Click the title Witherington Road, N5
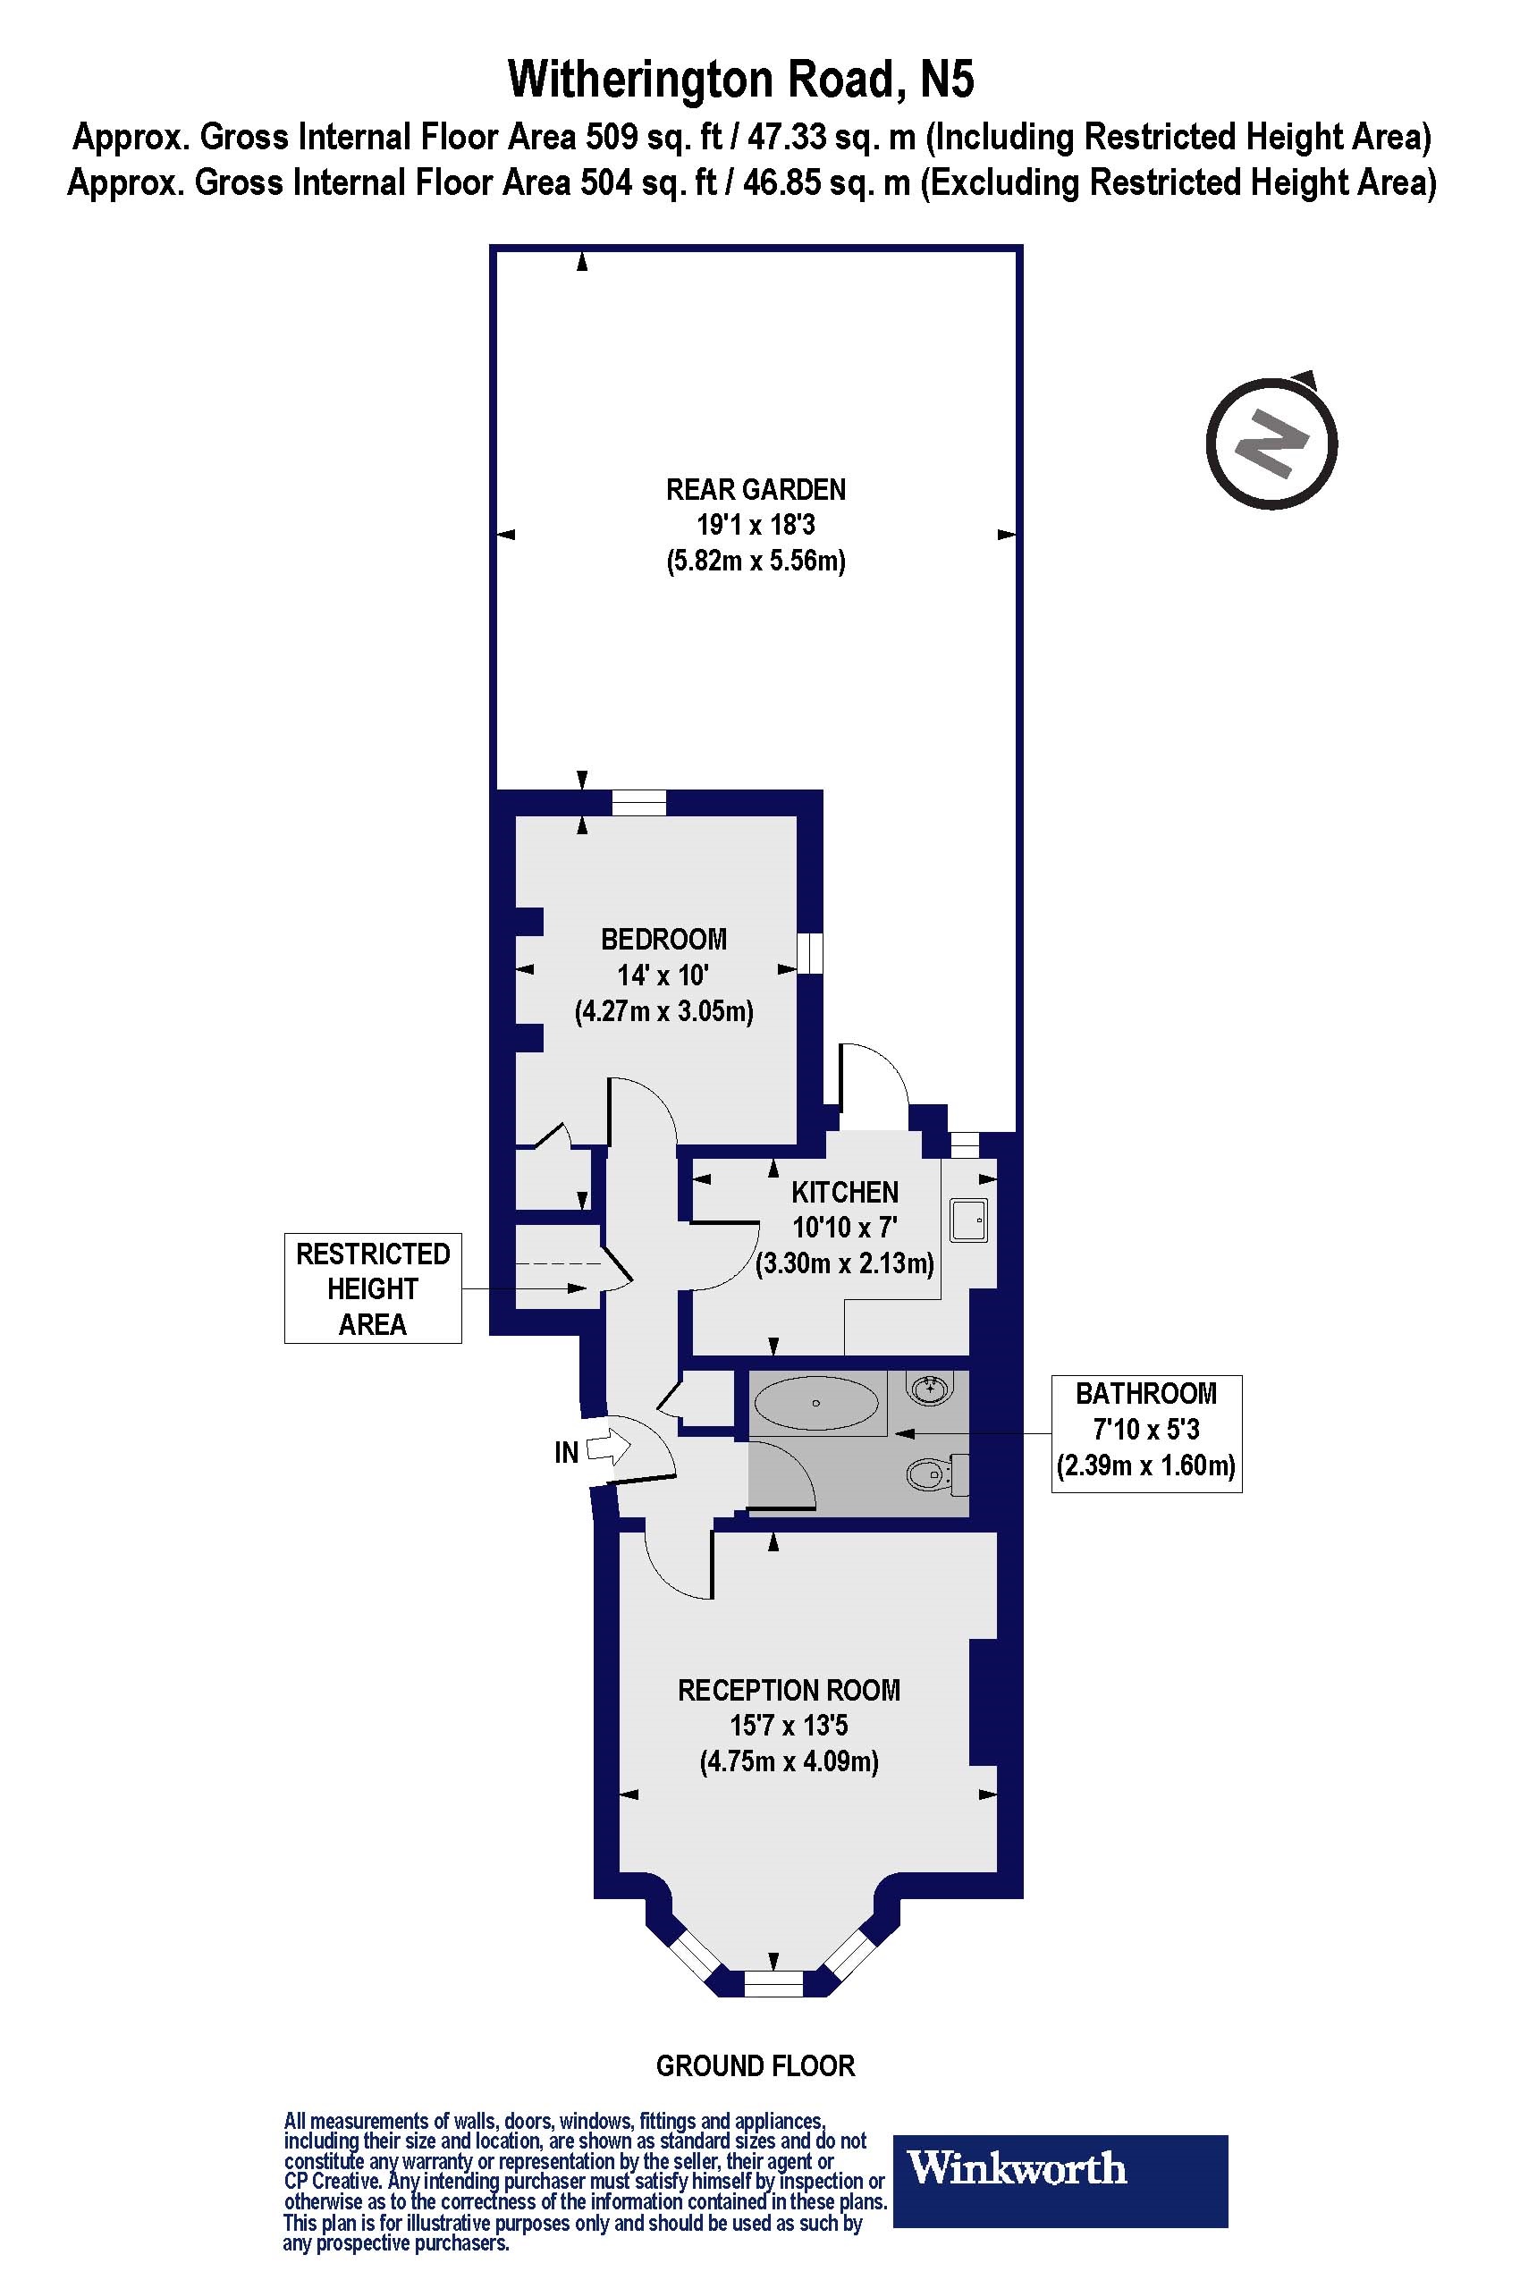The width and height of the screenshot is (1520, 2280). [x=740, y=80]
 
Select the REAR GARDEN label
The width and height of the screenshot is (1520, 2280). [x=756, y=490]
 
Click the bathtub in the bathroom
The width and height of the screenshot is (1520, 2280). [x=816, y=1403]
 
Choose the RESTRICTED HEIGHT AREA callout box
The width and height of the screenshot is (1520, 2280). [x=372, y=1288]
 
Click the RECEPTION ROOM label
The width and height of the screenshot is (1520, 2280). [x=788, y=1691]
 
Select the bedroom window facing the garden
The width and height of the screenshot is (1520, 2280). [x=638, y=803]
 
